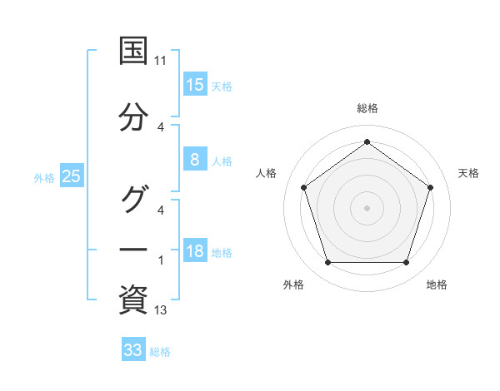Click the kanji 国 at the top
click(x=133, y=51)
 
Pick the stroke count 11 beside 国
click(x=161, y=61)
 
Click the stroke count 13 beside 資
click(x=161, y=311)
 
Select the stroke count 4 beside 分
click(x=161, y=127)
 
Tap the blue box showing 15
click(x=194, y=85)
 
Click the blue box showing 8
click(x=194, y=160)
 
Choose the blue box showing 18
click(x=194, y=251)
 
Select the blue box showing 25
click(x=71, y=176)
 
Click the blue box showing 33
click(x=132, y=350)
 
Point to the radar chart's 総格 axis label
click(x=367, y=108)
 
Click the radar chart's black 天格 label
click(x=468, y=173)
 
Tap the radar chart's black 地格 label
click(x=437, y=285)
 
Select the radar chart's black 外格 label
click(x=292, y=285)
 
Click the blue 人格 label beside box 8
click(x=222, y=161)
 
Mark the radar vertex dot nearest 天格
click(x=431, y=187)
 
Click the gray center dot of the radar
click(x=367, y=208)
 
